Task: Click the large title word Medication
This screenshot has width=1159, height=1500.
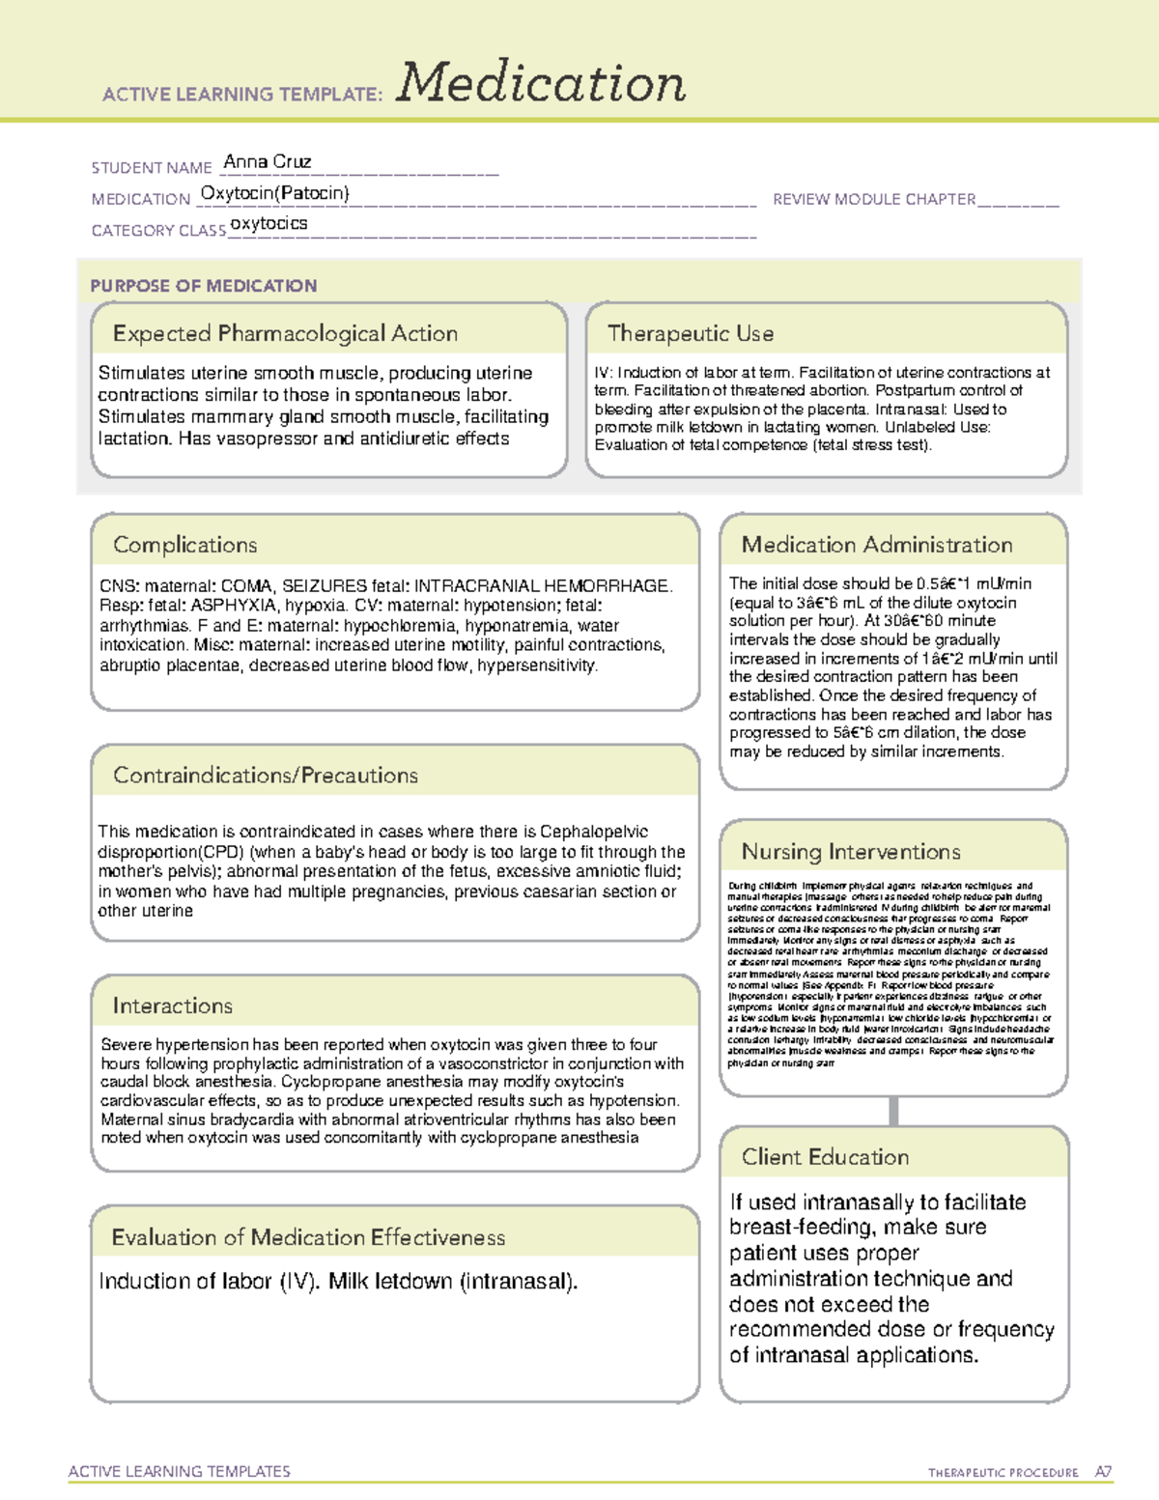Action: tap(541, 83)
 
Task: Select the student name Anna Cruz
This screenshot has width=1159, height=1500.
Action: tap(267, 161)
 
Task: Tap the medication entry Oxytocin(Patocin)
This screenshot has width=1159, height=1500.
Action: tap(275, 193)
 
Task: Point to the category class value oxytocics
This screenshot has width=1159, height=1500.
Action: tap(269, 224)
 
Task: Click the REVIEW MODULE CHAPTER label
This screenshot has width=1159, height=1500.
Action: tap(874, 199)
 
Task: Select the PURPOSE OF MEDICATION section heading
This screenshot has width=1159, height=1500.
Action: tap(204, 286)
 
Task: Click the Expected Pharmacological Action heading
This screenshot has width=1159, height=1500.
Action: tap(285, 333)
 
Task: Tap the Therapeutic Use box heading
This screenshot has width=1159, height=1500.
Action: tap(691, 333)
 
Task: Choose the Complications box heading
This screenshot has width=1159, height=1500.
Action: tap(184, 545)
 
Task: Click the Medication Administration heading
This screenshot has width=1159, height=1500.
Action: tap(877, 545)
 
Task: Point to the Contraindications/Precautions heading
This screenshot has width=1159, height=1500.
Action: tap(266, 776)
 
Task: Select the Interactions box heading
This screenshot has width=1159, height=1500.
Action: tap(172, 1006)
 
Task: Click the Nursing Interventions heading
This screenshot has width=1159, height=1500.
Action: tap(851, 852)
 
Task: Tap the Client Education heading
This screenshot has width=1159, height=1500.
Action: tap(825, 1157)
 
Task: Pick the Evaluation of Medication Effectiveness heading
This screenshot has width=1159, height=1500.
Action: tap(308, 1237)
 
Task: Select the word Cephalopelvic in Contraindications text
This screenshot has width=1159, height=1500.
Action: tap(594, 832)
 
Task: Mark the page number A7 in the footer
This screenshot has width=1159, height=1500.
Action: tap(1103, 1472)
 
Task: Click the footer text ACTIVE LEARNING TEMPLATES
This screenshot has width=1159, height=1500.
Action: tap(180, 1471)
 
